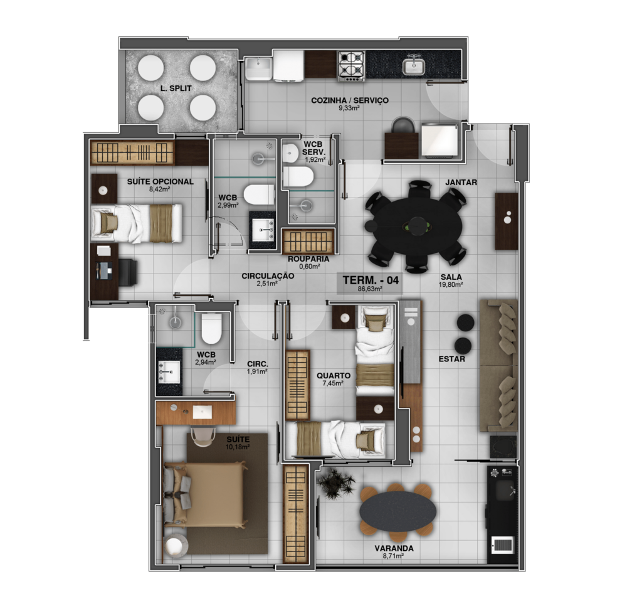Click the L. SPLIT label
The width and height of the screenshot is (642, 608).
tap(176, 88)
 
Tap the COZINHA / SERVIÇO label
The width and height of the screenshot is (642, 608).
tap(350, 100)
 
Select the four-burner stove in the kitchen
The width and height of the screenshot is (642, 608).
tap(351, 65)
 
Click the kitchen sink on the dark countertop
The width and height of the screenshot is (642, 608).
tap(414, 67)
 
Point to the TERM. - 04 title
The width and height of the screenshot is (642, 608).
tap(371, 280)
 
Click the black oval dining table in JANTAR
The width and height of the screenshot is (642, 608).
tap(417, 226)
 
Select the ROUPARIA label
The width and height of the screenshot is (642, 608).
tap(308, 259)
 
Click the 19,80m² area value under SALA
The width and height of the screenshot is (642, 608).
tap(451, 284)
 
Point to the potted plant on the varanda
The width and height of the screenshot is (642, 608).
tap(337, 483)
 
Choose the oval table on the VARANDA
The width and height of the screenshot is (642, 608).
tap(397, 512)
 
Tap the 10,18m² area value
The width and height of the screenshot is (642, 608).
tap(238, 447)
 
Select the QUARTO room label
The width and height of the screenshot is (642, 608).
tap(334, 376)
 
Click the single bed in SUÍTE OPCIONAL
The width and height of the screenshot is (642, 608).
tap(136, 223)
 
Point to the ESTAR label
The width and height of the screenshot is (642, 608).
tap(452, 360)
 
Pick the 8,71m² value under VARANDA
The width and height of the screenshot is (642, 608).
tap(394, 556)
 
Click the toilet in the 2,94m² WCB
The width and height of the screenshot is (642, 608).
tap(211, 328)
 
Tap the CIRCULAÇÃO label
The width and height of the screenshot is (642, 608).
tap(268, 276)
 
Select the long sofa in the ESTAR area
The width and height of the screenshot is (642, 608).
tap(498, 365)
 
